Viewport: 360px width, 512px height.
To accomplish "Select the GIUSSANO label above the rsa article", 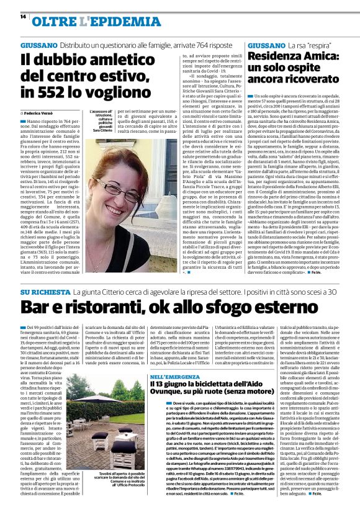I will click(x=266, y=46).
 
